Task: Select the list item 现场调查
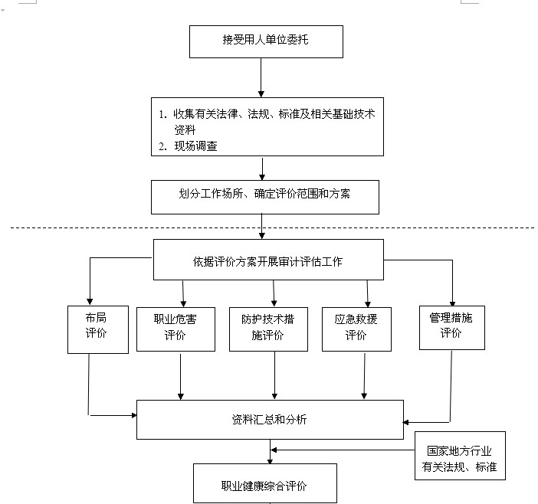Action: pyautogui.click(x=195, y=146)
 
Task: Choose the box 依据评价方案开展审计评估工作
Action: pyautogui.click(x=268, y=260)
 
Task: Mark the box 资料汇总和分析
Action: pyautogui.click(x=270, y=419)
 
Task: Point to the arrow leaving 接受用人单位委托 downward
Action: pyautogui.click(x=261, y=77)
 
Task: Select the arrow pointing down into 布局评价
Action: pyautogui.click(x=90, y=281)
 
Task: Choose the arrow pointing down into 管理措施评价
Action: pyautogui.click(x=452, y=283)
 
